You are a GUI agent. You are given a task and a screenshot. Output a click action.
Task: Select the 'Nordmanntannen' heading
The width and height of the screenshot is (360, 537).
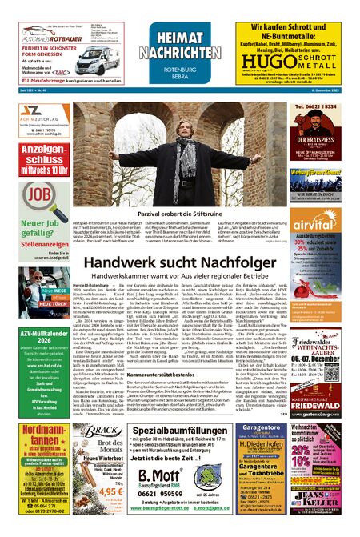click(x=41, y=436)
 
